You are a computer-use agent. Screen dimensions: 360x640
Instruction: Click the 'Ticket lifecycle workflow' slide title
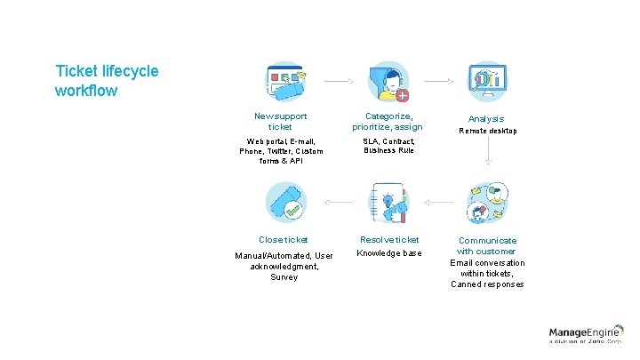pos(107,80)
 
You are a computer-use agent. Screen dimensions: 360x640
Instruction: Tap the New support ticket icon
pos(285,82)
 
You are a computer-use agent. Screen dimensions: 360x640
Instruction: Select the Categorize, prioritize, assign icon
pos(388,82)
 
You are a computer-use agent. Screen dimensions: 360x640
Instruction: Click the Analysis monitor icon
pos(487,82)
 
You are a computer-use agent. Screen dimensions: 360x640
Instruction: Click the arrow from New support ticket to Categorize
pos(339,81)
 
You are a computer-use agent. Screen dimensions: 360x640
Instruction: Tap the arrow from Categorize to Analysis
pos(439,81)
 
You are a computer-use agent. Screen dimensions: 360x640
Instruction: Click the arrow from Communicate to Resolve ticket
pos(439,203)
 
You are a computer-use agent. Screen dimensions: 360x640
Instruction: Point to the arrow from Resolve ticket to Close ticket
pos(339,203)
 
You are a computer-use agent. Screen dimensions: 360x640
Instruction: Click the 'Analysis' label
pos(487,118)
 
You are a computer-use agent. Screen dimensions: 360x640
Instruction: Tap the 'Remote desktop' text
pos(487,132)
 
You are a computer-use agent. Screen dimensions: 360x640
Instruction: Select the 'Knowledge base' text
pos(388,253)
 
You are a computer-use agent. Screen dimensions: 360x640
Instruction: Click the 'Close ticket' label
pos(284,240)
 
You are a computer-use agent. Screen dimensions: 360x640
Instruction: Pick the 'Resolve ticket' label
pos(388,240)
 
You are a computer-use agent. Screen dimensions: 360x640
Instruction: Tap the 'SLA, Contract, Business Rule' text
pos(388,146)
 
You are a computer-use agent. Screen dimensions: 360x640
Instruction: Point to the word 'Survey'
pos(284,277)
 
